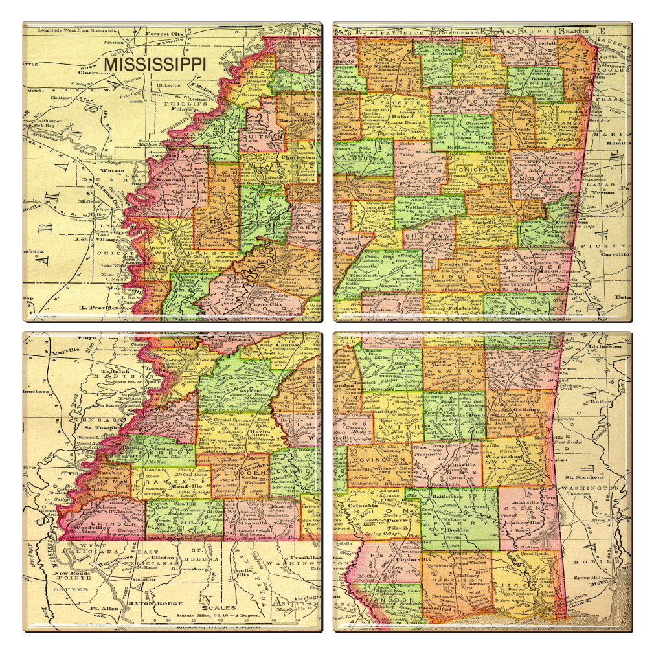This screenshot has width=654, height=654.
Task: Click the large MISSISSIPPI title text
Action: tap(155, 65)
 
